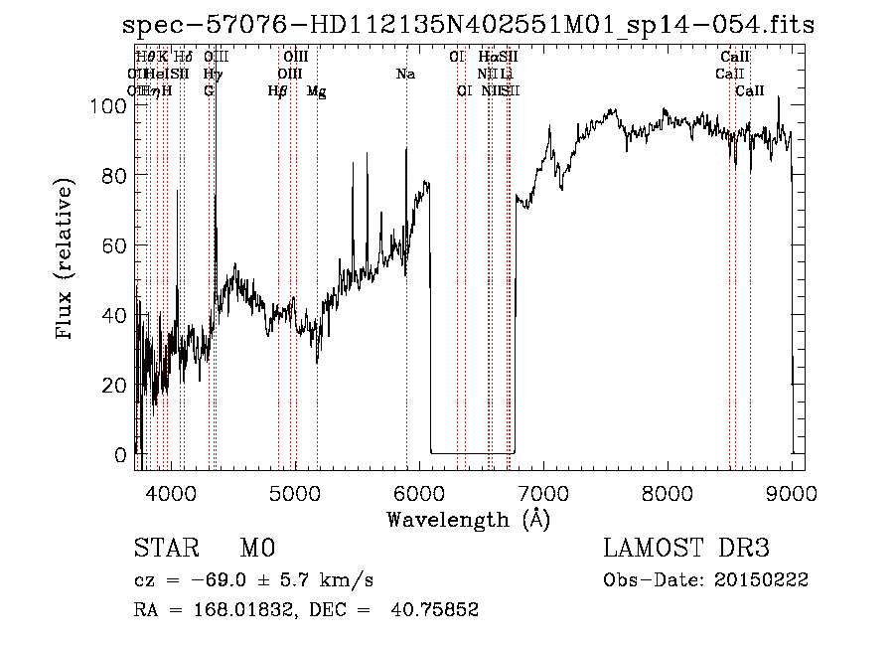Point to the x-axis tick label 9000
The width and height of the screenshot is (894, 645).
(x=792, y=492)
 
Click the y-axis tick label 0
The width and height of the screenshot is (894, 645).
(x=122, y=455)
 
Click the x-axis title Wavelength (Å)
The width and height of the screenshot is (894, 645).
(x=468, y=519)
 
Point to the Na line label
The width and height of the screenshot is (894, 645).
(x=405, y=75)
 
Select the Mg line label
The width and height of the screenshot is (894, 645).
(x=316, y=91)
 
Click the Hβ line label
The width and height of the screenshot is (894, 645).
(x=277, y=91)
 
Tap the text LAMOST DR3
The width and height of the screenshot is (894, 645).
(x=686, y=549)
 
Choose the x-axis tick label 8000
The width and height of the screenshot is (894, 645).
(x=668, y=492)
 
